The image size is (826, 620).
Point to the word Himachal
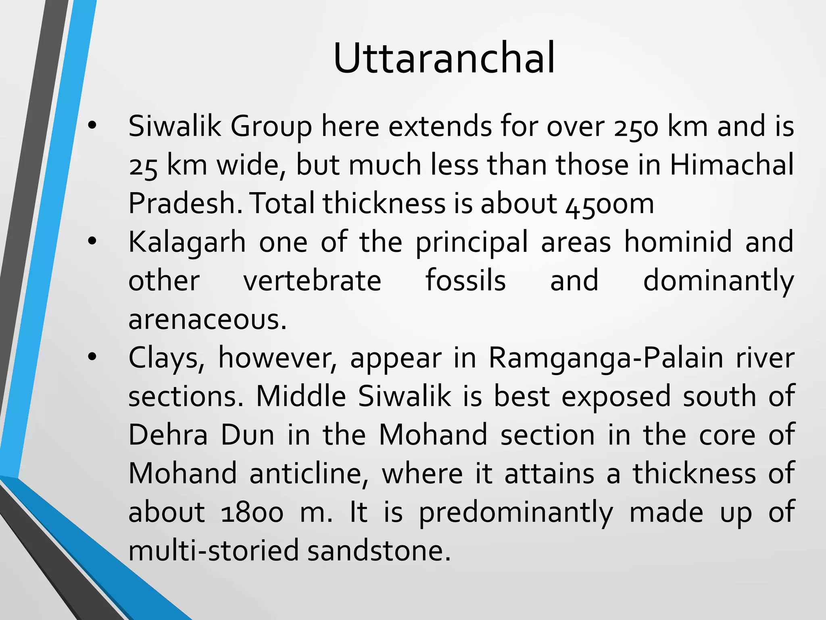(x=732, y=164)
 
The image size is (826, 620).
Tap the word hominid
(x=678, y=242)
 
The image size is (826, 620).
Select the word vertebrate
(x=313, y=281)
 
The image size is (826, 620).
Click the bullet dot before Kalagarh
(x=92, y=242)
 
